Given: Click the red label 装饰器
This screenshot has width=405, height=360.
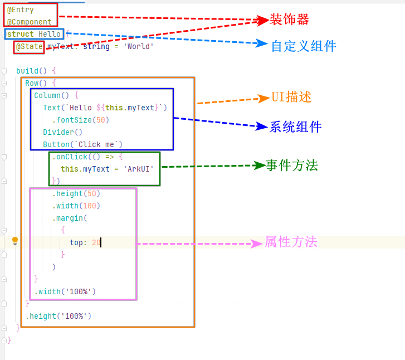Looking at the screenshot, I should pos(289,20).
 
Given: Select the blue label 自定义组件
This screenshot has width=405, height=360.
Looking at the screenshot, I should pos(304,46).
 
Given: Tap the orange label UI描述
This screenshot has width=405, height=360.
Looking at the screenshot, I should pos(291,97).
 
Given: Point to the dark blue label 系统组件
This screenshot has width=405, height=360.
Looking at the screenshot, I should pos(296,127).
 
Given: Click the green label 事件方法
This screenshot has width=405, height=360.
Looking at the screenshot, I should pos(292,166).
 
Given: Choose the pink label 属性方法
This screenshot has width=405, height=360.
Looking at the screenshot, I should pos(291,242).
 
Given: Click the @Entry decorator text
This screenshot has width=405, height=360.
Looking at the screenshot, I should pos(21,10).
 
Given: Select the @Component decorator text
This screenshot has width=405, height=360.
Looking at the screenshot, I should pos(30,22).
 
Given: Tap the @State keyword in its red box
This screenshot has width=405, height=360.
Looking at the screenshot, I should pos(29,47).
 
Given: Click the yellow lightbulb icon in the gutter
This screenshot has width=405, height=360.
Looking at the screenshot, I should pos(15,241).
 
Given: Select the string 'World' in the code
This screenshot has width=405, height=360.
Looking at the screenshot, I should pos(138,47).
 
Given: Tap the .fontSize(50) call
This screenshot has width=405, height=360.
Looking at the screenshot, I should pos(81,120).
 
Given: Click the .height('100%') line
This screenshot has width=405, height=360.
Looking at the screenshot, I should pos(58,316).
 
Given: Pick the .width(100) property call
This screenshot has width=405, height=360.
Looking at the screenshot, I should pos(76,206).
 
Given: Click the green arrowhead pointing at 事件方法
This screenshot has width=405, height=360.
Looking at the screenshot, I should pos(259,166).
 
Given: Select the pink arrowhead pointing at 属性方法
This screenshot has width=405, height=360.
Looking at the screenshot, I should pos(257,244).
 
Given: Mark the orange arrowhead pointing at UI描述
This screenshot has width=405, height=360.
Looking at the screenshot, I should pos(264,99).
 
